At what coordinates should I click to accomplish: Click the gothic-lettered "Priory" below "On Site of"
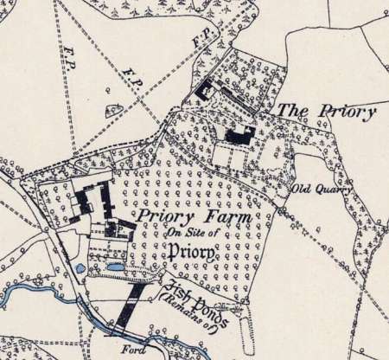click(x=190, y=252)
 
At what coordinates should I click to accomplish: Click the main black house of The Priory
click(x=239, y=135)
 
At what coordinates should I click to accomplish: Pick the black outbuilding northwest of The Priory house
click(x=207, y=88)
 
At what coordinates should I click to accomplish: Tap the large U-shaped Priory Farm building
click(x=91, y=200)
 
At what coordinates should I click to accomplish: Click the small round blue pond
click(x=80, y=268)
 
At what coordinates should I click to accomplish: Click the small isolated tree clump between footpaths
click(x=113, y=110)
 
